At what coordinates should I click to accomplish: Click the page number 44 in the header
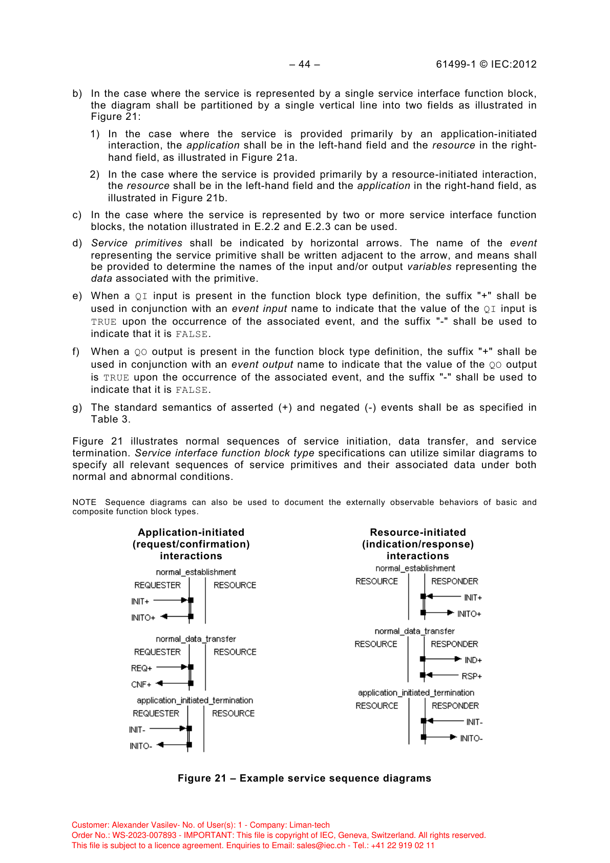[x=304, y=64]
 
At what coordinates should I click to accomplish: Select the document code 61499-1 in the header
[x=456, y=64]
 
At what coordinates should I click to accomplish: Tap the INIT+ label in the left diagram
[x=140, y=601]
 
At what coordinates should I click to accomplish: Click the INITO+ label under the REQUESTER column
[x=143, y=618]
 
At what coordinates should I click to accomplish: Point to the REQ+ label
[x=141, y=668]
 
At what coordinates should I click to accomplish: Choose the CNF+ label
[x=141, y=684]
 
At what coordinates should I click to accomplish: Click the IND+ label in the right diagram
[x=473, y=660]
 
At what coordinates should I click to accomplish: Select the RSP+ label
[x=472, y=676]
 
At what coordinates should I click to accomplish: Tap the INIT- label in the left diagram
[x=137, y=730]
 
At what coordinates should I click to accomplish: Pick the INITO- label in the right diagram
[x=471, y=738]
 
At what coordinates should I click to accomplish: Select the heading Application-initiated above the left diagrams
[x=191, y=532]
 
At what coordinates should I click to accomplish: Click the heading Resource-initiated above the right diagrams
[x=418, y=532]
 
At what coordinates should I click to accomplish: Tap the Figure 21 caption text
[x=304, y=778]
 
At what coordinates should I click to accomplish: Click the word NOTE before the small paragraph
[x=85, y=502]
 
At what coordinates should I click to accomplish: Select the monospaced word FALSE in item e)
[x=191, y=334]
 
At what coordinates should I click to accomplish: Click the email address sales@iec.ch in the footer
[x=321, y=846]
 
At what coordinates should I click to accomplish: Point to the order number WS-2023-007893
[x=144, y=835]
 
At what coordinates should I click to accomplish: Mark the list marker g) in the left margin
[x=77, y=408]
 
